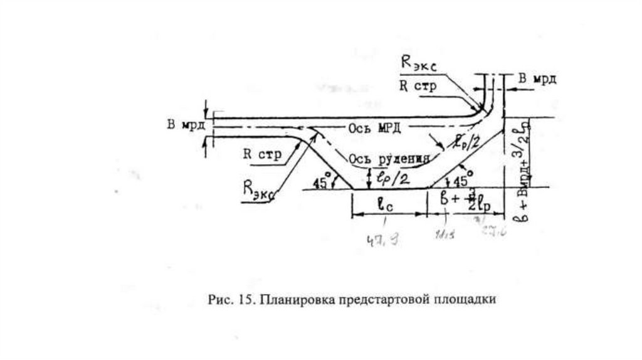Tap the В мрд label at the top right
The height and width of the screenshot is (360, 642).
tap(537, 79)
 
